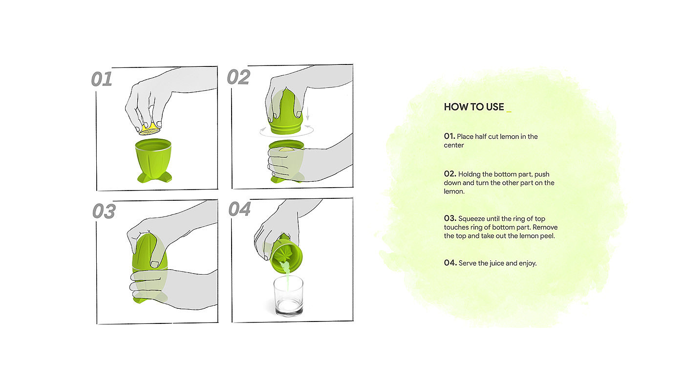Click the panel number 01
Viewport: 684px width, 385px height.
tap(102, 79)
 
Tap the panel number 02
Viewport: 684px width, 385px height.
tap(238, 77)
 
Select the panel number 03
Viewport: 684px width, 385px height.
tap(104, 211)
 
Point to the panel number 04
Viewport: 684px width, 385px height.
tap(239, 209)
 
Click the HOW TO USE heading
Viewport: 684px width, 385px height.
tap(473, 107)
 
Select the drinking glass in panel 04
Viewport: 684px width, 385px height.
tap(288, 296)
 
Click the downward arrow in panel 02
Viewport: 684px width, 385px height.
tap(307, 113)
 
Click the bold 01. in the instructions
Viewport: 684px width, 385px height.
tap(449, 136)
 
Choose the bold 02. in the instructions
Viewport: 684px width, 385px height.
tap(450, 174)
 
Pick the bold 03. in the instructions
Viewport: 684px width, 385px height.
tap(450, 218)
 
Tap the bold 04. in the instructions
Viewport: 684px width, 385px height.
tap(450, 262)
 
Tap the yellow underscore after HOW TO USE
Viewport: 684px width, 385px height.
tap(509, 112)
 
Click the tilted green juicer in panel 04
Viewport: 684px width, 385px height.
tap(286, 254)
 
